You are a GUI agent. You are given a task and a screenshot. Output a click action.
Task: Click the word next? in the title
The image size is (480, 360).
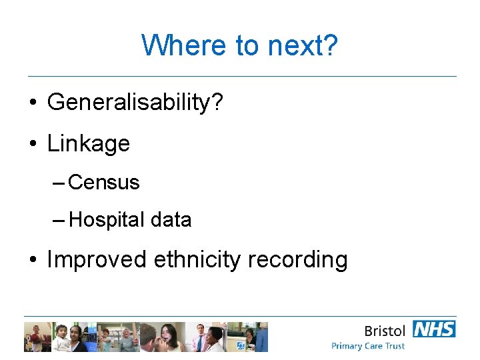(303, 46)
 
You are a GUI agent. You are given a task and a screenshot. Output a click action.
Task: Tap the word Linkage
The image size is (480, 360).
(88, 143)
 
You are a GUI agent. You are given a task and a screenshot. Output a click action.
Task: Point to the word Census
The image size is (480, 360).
(104, 182)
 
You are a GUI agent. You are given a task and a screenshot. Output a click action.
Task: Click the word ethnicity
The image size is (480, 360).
(198, 259)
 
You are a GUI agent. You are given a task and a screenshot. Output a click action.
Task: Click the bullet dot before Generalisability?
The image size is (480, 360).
(33, 103)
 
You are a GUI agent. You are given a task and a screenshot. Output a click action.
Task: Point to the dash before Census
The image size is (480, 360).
(58, 183)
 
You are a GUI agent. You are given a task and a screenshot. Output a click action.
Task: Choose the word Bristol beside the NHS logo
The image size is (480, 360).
(385, 331)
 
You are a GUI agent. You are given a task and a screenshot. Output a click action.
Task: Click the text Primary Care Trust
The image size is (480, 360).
(368, 346)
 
